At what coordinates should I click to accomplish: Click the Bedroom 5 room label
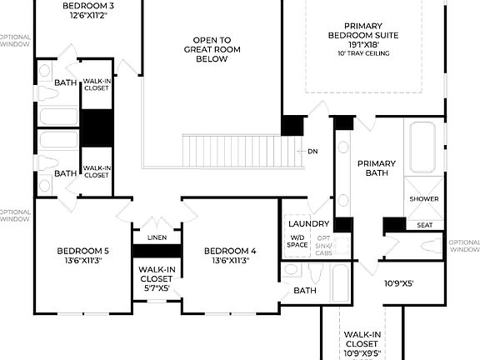pyautogui.click(x=82, y=251)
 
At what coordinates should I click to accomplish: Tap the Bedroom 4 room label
pyautogui.click(x=230, y=251)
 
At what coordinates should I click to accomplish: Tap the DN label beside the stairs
pyautogui.click(x=312, y=152)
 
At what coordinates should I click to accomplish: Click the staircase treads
pyautogui.click(x=242, y=152)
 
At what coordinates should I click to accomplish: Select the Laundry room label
pyautogui.click(x=305, y=224)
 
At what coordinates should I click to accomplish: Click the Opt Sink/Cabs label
pyautogui.click(x=323, y=245)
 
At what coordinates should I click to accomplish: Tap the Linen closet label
pyautogui.click(x=157, y=237)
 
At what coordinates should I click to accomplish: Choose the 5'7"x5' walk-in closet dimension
pyautogui.click(x=157, y=288)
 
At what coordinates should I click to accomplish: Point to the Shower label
pyautogui.click(x=423, y=199)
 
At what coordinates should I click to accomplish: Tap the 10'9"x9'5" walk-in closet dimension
pyautogui.click(x=362, y=353)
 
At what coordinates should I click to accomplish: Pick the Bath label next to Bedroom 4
pyautogui.click(x=305, y=291)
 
